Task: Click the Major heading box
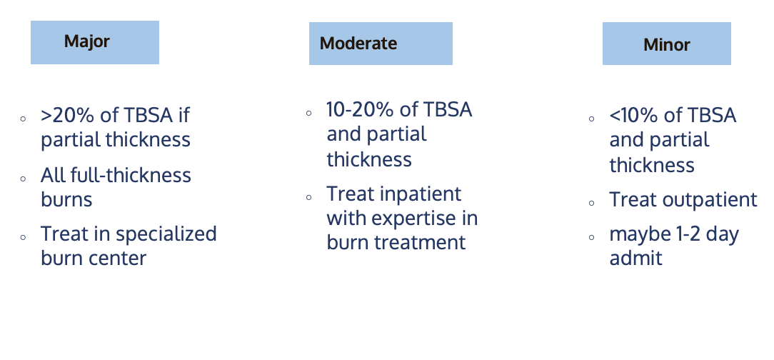click(95, 42)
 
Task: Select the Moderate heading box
click(381, 44)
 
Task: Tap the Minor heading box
click(666, 44)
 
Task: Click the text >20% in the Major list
click(68, 116)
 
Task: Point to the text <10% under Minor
click(633, 116)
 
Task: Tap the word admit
click(635, 259)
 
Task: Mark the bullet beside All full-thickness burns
click(23, 179)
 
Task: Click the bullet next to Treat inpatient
click(309, 197)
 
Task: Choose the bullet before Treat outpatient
click(592, 203)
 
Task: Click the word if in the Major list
click(184, 116)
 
